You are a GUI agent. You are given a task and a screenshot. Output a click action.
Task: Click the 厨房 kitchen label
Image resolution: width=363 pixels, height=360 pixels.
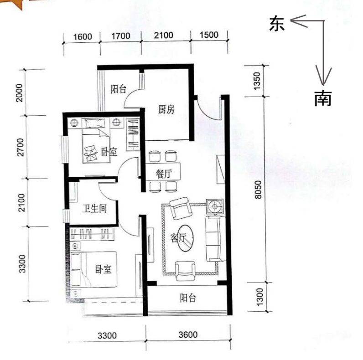[166, 109]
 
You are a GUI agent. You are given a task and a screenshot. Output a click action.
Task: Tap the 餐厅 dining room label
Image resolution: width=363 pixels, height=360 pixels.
[163, 174]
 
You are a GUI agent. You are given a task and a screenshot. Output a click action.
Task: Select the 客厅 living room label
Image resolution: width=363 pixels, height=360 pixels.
[178, 237]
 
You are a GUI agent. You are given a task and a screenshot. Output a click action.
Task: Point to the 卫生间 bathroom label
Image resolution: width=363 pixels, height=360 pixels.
[94, 209]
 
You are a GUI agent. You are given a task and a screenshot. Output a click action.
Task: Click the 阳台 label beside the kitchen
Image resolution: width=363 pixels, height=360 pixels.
[119, 89]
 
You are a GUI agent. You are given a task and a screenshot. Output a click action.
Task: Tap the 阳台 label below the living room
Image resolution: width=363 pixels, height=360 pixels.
[187, 298]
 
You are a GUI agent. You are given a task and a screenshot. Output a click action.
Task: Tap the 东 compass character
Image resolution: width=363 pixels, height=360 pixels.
[277, 23]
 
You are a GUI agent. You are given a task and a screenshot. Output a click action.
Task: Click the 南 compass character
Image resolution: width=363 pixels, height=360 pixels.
[322, 98]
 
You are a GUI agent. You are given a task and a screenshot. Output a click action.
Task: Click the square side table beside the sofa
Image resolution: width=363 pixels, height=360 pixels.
[214, 207]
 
